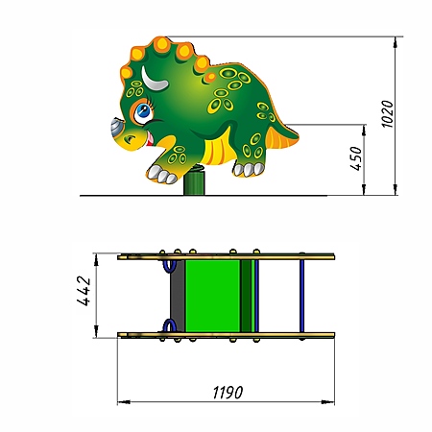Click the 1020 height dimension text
pyautogui.click(x=388, y=114)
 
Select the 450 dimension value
pyautogui.click(x=356, y=158)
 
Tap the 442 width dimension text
pyautogui.click(x=84, y=291)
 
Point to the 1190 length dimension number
pyautogui.click(x=228, y=392)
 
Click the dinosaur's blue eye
pyautogui.click(x=143, y=111)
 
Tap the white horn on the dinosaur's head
pyautogui.click(x=154, y=79)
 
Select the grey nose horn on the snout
pyautogui.click(x=116, y=128)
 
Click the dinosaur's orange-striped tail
pyautogui.click(x=282, y=137)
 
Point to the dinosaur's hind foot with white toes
pyautogui.click(x=249, y=169)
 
